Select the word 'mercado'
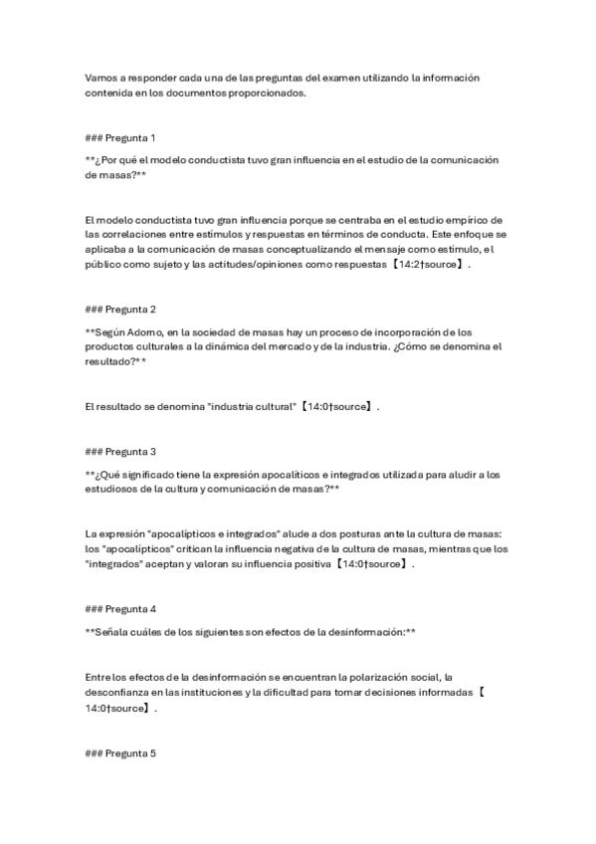296,346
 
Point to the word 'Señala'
110,631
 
